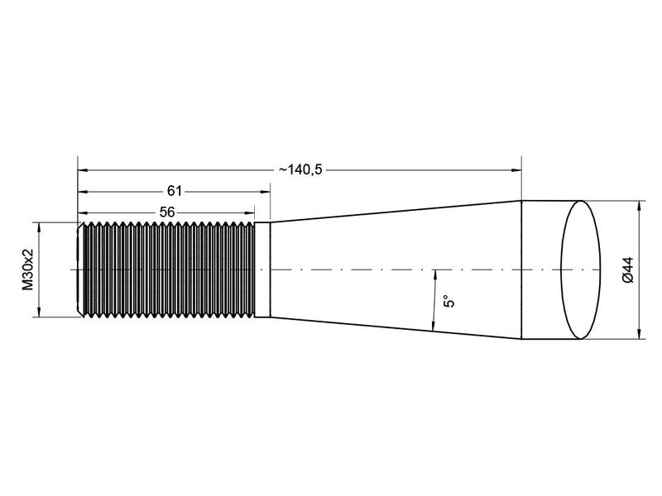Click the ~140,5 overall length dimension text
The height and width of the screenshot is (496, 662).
[300, 169]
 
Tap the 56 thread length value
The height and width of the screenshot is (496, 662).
[166, 212]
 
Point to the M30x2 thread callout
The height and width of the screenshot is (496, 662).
[28, 269]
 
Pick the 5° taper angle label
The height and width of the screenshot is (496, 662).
[449, 301]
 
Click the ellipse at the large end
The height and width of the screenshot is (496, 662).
[583, 269]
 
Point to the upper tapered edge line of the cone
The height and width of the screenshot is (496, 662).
[397, 211]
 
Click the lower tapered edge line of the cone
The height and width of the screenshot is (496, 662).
[397, 328]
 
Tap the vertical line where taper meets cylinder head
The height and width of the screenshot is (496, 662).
[521, 269]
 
